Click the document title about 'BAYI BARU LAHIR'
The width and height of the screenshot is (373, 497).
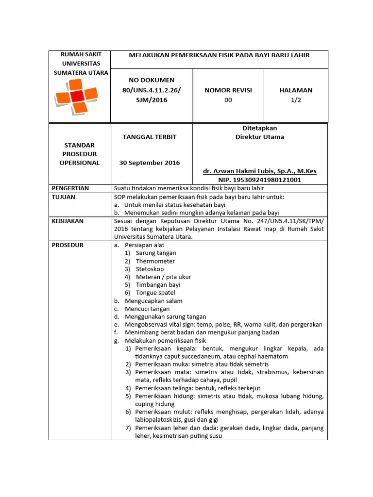tap(219, 55)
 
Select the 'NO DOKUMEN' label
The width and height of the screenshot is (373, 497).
tap(151, 80)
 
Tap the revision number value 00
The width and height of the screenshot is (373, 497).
tap(228, 100)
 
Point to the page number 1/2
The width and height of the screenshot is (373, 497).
tap(295, 100)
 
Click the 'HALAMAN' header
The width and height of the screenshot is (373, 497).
tap(295, 90)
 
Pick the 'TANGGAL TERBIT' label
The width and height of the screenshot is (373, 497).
tap(152, 137)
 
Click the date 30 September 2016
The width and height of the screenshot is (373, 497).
tap(150, 163)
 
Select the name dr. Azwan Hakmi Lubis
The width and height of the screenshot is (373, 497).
tap(259, 171)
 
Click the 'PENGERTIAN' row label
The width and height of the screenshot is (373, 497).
tap(70, 188)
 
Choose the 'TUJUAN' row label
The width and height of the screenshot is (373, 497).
tap(63, 197)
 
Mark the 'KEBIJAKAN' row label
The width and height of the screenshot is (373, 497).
tap(68, 221)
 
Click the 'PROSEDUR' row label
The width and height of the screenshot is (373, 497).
tap(68, 245)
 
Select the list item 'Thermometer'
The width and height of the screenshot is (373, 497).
tap(155, 261)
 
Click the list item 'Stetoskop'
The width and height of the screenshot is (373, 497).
tap(150, 269)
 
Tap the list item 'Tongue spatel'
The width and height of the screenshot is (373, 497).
tap(155, 293)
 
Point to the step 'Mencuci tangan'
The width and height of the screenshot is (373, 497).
tap(147, 309)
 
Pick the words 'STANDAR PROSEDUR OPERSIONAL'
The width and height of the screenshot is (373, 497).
tap(79, 154)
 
